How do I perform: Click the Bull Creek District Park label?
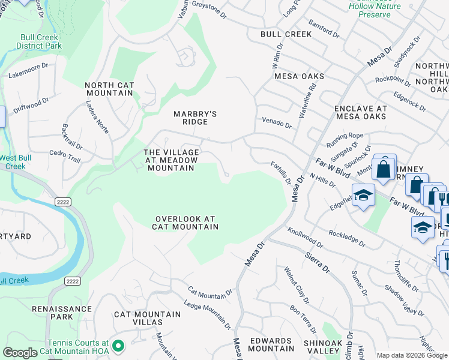point(39,41)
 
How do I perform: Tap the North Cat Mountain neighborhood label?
point(109,89)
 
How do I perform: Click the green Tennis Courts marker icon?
point(118,346)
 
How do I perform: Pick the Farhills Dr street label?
point(280,173)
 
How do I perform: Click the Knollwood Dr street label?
point(305,238)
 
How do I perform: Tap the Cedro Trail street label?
point(65,157)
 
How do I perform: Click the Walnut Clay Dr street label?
point(297,285)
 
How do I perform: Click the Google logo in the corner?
point(20,352)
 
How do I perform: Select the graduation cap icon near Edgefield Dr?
point(363,196)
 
